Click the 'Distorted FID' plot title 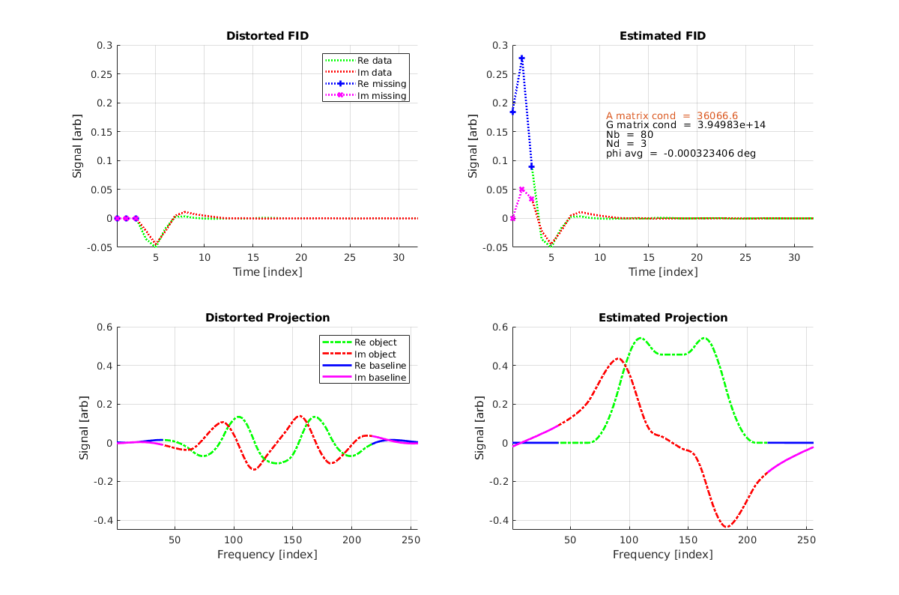267,36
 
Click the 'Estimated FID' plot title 662,36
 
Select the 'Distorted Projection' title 267,318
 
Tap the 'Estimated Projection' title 662,318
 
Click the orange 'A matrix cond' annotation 671,115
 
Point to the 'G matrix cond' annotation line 685,125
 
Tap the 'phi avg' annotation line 680,154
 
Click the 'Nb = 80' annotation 629,135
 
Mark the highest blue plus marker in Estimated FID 522,58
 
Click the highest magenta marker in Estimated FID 522,190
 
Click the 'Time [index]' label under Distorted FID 267,271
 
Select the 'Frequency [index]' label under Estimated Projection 662,555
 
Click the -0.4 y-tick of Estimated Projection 497,520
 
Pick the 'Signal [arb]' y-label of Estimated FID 473,146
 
